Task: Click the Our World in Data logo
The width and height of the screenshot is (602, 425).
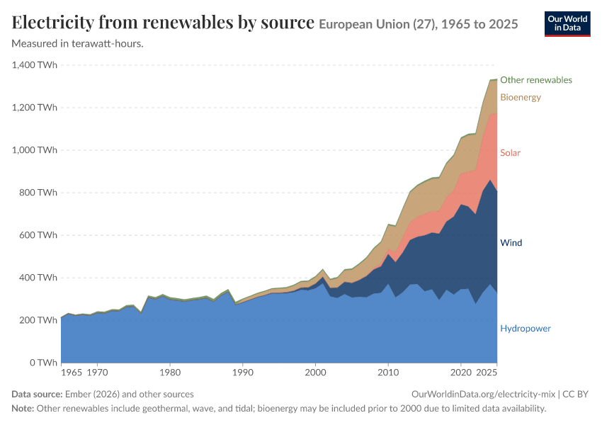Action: point(567,24)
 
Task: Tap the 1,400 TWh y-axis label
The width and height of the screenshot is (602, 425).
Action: point(35,65)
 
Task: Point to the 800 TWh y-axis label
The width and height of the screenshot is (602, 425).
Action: point(38,193)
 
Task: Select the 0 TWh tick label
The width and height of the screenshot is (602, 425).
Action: point(43,363)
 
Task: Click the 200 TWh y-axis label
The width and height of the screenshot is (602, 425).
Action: point(38,319)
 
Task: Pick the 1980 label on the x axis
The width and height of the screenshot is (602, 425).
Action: point(170,373)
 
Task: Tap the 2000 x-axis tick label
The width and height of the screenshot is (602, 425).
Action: point(316,373)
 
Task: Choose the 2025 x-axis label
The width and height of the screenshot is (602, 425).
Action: point(487,373)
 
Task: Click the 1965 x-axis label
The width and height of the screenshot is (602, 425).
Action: point(72,373)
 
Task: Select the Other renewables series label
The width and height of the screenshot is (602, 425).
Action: point(536,80)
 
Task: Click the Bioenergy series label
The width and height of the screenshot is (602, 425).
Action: point(521,97)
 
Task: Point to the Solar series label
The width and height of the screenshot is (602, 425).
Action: point(510,153)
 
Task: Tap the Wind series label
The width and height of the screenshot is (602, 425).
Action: point(511,243)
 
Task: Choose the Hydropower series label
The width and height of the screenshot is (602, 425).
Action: point(526,328)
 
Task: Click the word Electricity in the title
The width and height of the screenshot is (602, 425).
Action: point(52,22)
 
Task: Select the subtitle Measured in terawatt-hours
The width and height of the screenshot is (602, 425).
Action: point(78,44)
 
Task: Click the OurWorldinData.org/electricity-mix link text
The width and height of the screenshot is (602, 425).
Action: point(483,395)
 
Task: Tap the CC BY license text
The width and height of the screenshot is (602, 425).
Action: point(576,395)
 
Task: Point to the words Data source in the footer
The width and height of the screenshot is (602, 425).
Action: point(37,395)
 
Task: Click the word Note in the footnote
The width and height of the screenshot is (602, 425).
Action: point(23,408)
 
